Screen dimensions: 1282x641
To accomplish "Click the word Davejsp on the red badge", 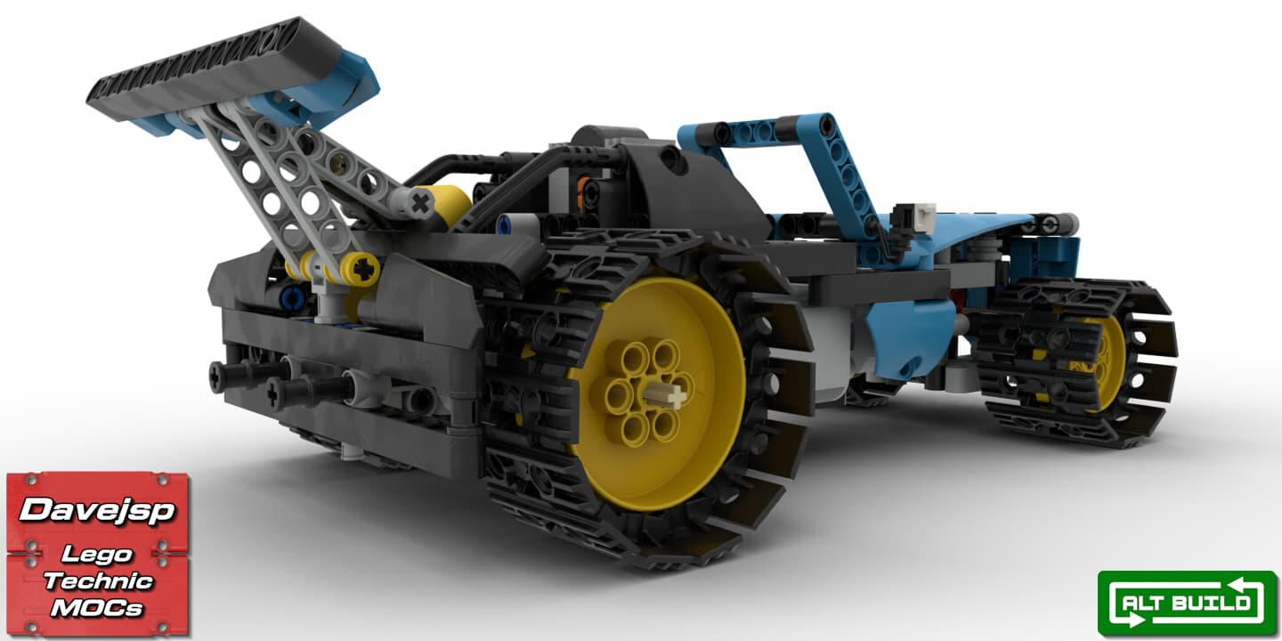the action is (x=97, y=509).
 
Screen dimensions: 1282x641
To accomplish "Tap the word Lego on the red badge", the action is (x=97, y=554).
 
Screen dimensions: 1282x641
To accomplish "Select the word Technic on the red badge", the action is (x=99, y=580).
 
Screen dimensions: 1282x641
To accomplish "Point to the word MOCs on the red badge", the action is (x=97, y=607).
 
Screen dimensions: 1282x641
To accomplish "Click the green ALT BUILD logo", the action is (x=1187, y=604).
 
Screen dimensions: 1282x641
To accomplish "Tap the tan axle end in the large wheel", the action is (x=664, y=395).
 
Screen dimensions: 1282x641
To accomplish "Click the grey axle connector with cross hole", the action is (x=413, y=203).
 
